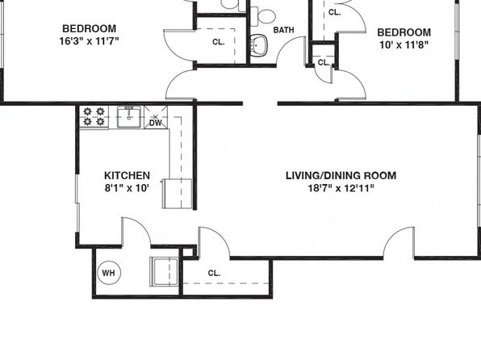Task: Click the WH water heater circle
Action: (x=109, y=273)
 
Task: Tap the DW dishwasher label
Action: (x=156, y=123)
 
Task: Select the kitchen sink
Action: (x=129, y=117)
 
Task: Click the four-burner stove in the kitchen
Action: (x=94, y=117)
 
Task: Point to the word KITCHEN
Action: (x=127, y=175)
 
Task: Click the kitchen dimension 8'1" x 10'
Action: (x=127, y=188)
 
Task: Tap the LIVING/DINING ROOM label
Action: (x=341, y=175)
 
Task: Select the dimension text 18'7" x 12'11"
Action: (x=341, y=188)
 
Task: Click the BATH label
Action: (x=284, y=30)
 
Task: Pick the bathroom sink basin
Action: (x=258, y=45)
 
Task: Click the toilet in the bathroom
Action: (x=262, y=17)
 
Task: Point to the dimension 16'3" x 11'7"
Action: (x=89, y=41)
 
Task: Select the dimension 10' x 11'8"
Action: (x=404, y=45)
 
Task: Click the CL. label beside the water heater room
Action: (x=214, y=273)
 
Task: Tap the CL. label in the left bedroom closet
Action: (x=219, y=42)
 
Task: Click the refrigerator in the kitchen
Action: (x=178, y=194)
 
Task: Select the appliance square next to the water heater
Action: (x=164, y=272)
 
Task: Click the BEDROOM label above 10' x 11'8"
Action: (x=404, y=32)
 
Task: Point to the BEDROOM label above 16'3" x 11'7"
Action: (x=90, y=28)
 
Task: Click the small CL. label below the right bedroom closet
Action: (x=324, y=63)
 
